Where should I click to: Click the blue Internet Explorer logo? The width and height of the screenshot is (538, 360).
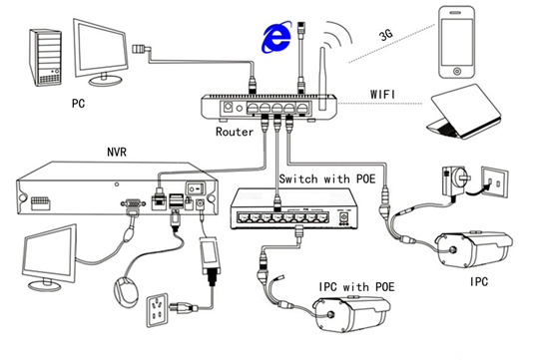276,37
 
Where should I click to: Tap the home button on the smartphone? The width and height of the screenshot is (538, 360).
457,71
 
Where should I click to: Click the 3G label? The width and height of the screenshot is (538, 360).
386,35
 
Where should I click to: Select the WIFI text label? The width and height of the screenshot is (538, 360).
382,95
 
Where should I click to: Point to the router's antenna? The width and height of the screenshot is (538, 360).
322,79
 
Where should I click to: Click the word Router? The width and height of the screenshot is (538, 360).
235,132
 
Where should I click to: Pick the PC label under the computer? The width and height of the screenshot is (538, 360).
78,103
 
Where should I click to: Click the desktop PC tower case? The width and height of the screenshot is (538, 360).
45,58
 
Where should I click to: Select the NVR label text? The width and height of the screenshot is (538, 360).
117,152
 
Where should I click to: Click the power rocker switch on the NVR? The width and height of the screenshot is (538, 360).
196,188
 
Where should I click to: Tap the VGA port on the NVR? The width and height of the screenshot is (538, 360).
133,204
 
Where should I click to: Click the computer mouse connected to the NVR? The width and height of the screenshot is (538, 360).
126,292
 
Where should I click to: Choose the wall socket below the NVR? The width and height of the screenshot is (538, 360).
158,310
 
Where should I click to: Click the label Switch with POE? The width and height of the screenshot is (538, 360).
327,179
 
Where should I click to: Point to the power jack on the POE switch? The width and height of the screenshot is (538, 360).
343,217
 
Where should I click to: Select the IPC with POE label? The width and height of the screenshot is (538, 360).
356,286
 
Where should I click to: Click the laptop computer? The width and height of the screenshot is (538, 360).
463,112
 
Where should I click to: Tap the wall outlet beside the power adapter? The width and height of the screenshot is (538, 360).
495,182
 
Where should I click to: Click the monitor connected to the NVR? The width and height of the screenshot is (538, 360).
50,258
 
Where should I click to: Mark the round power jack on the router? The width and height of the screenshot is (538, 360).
228,108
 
